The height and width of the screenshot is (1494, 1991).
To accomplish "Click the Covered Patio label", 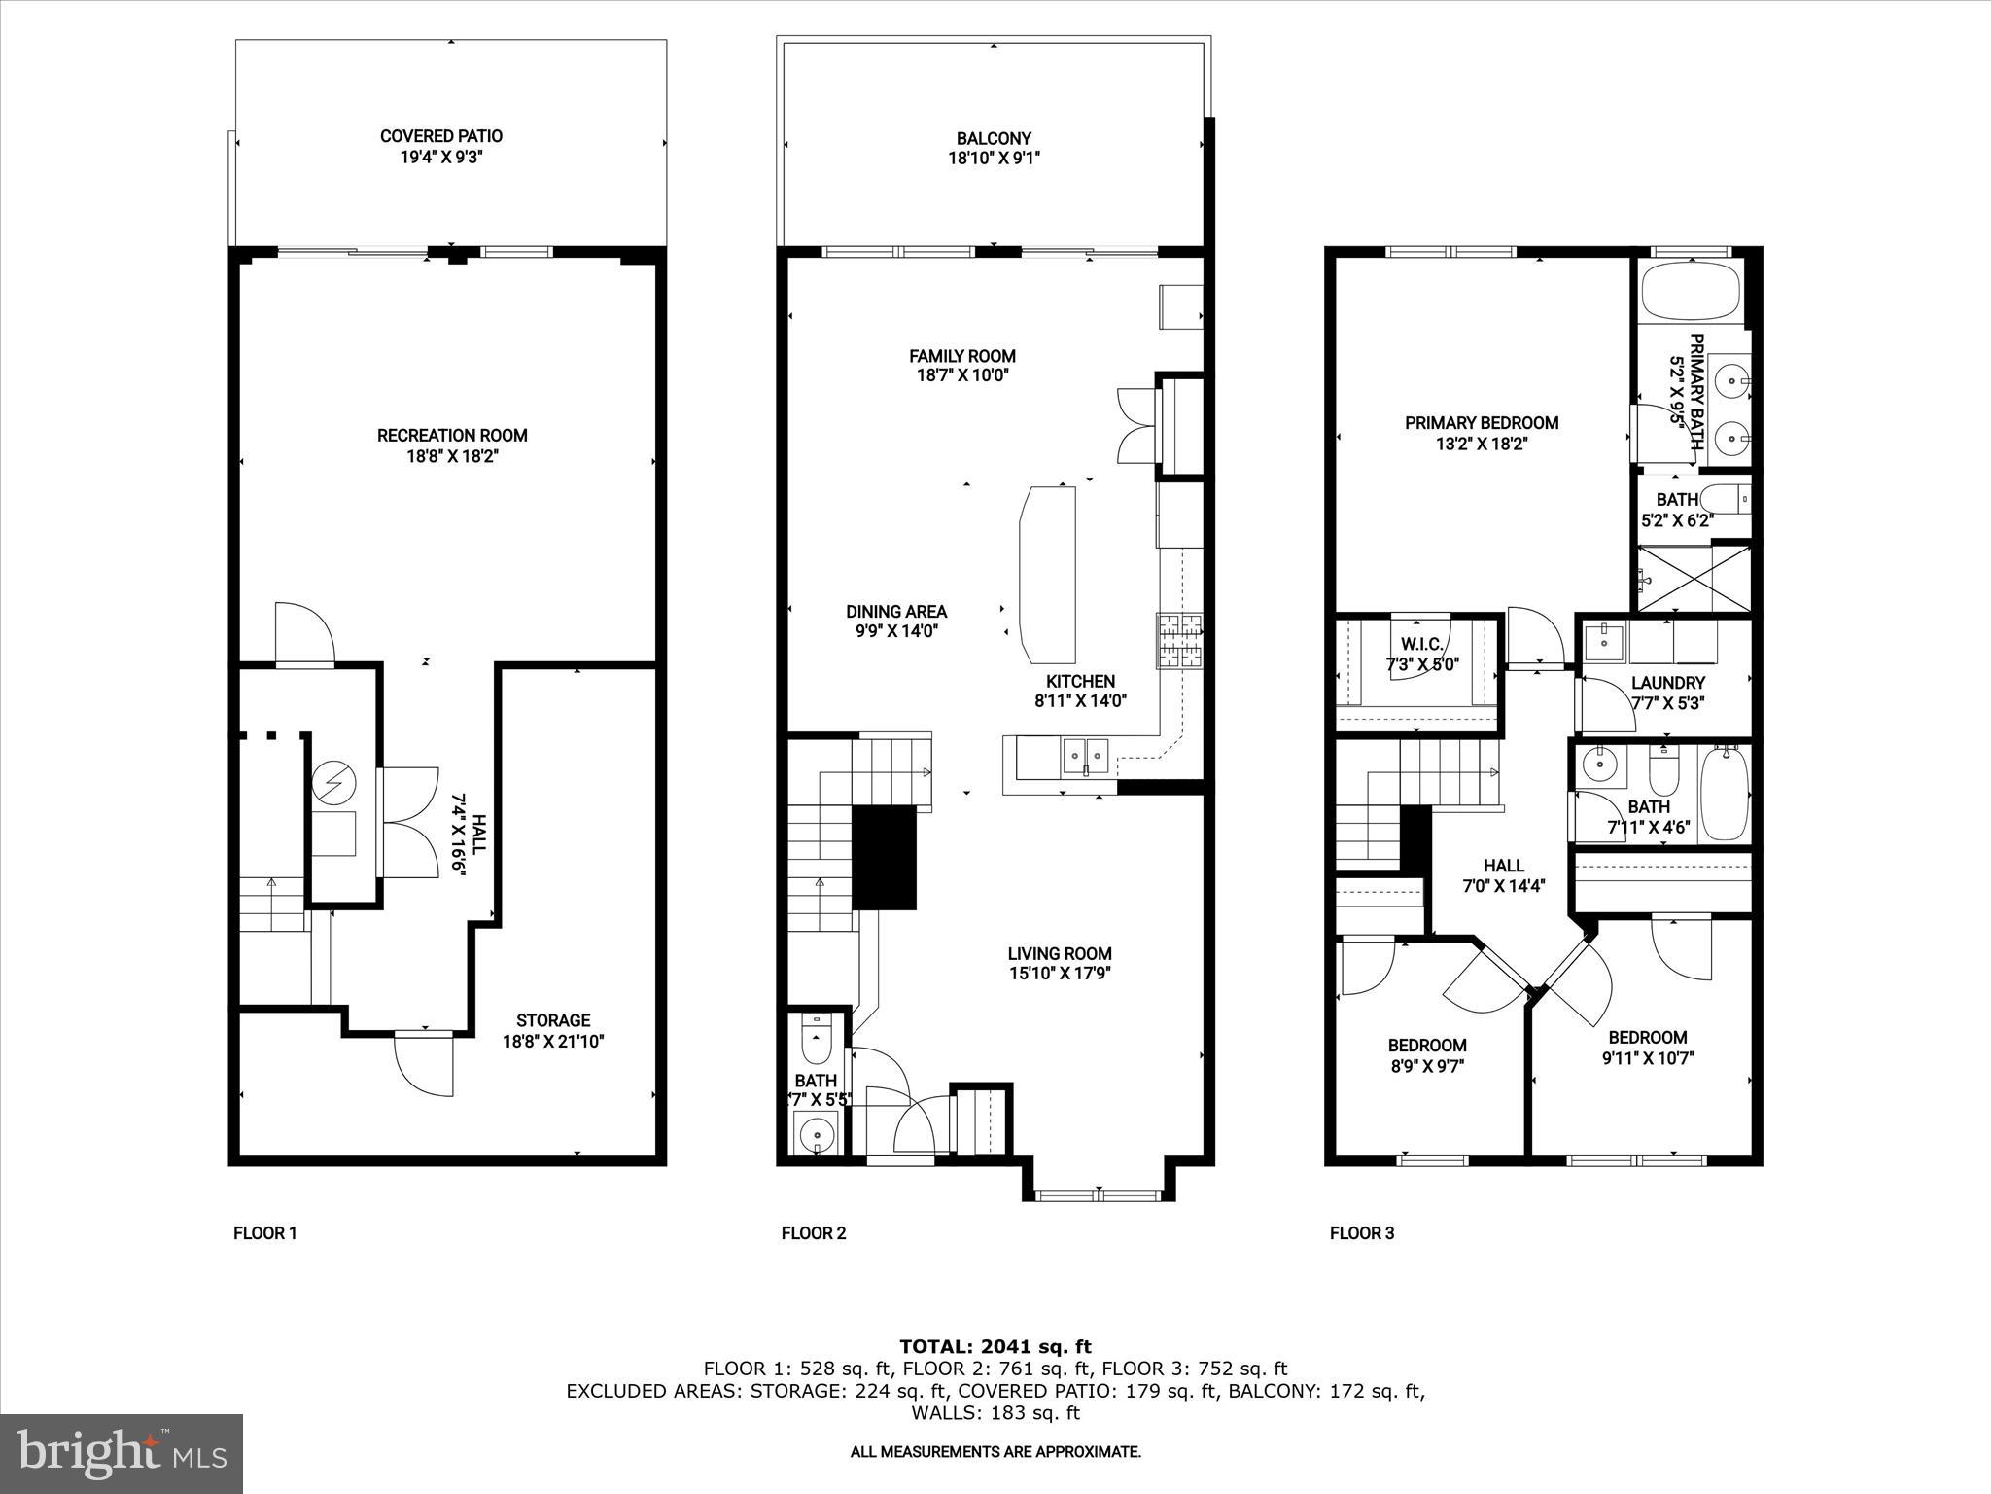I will pos(440,136).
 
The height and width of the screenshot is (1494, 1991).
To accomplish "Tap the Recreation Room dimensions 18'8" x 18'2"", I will pos(452,456).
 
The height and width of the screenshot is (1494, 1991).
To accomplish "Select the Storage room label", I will pos(552,1020).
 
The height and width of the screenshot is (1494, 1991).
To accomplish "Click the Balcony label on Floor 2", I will pos(993,138).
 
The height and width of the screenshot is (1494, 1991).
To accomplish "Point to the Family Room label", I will pos(961,356).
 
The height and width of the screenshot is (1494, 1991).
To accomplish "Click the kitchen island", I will pos(1048,573).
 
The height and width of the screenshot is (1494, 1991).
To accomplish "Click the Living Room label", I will pos(1059,954).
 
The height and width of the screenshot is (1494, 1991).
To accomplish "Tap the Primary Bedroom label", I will pos(1481,423).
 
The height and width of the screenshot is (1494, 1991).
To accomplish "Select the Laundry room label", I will pos(1667,683).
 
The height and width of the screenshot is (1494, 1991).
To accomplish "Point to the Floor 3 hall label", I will pos(1503,866).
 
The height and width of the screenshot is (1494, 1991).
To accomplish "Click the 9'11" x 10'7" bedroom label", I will pos(1647,1038).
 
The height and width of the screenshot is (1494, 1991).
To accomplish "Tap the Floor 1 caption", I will pos(264,1233).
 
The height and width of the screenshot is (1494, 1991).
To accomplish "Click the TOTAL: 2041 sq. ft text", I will pos(995,1347).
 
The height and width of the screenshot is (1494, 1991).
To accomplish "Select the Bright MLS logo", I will pos(121,1454).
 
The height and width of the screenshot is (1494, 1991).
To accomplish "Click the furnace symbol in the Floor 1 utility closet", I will pos(333,783).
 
